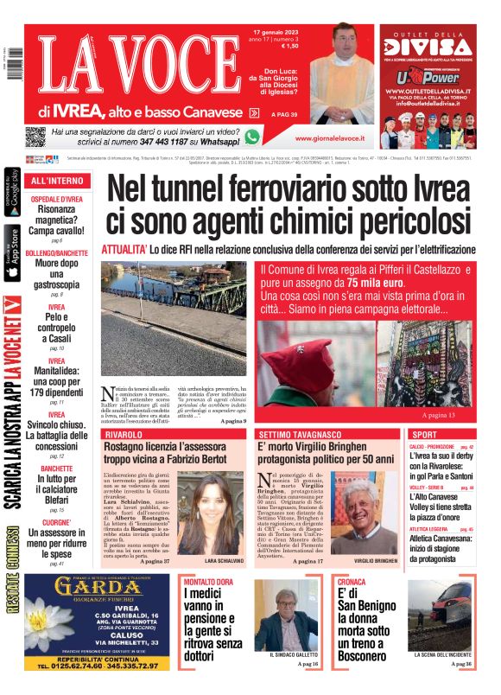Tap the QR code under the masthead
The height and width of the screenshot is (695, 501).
point(35,137)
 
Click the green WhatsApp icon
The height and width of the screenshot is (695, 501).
point(252,137)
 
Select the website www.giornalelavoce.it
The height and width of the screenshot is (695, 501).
point(329,137)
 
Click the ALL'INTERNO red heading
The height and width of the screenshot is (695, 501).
point(57,182)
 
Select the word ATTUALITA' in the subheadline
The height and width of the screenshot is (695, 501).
point(124,249)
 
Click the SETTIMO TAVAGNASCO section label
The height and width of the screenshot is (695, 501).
point(301,433)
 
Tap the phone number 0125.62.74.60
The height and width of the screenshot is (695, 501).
point(73,666)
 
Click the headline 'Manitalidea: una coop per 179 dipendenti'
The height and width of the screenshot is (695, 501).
point(57,383)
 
